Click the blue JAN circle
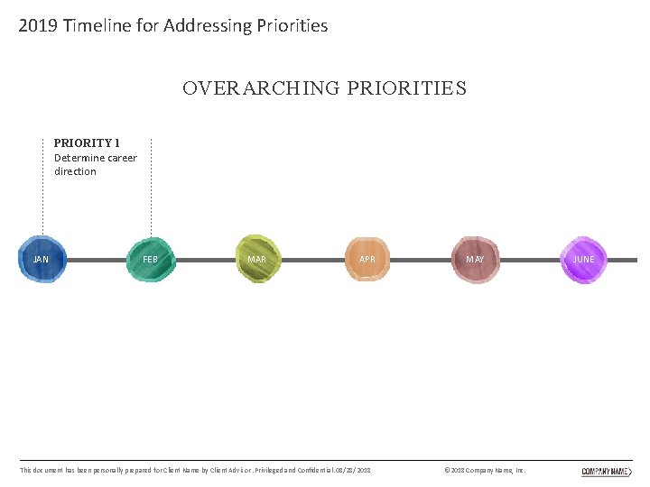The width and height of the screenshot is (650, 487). tap(42, 260)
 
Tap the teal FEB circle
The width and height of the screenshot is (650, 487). tap(150, 260)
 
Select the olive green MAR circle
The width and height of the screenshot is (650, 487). tap(258, 260)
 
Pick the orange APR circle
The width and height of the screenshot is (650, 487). tap(367, 260)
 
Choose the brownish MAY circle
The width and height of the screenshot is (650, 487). tap(475, 260)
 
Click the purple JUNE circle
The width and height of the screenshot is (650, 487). tap(584, 260)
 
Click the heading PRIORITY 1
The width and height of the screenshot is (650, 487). tap(87, 142)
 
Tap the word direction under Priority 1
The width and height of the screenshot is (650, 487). tap(75, 171)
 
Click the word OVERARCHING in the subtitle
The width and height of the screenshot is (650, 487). tap(261, 88)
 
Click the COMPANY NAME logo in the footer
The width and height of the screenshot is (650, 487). tap(606, 471)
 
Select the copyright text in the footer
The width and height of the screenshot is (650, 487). tap(486, 471)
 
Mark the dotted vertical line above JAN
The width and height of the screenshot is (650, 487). tap(42, 189)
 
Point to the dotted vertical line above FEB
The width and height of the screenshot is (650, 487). tap(151, 189)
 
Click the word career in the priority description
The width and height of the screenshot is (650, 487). tap(122, 158)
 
